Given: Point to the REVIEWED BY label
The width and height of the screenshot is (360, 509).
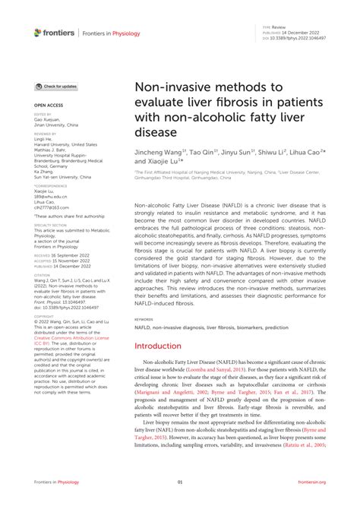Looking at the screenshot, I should (x=46, y=134).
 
